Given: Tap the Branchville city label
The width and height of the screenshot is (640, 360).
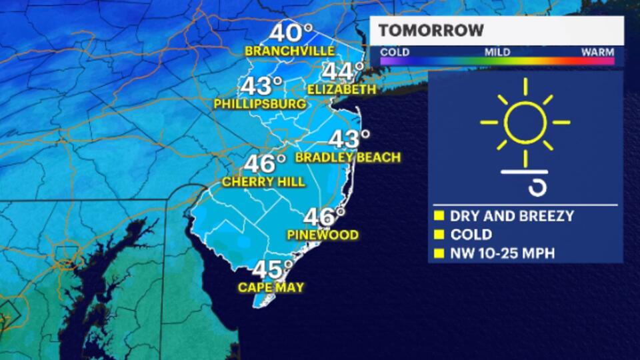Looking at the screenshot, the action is coord(289,51).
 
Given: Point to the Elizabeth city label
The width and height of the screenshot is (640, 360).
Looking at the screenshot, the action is coord(342,89).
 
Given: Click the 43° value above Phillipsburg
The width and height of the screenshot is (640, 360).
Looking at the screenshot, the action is coord(261,86).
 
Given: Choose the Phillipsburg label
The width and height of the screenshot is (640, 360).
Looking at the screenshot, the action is coord(260,104).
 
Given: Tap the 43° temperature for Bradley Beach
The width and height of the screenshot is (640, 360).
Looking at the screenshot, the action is coord(349,140).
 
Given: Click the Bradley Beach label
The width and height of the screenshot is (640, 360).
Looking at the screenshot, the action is coord(348,158).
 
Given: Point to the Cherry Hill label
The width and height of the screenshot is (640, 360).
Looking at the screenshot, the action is coord(263,181).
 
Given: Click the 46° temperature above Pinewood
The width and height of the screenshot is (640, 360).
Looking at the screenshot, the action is coord(324,217).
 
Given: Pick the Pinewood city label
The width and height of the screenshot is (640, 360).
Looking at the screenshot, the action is coord(323,235).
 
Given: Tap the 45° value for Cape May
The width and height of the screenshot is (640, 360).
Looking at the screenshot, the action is coord(273,270).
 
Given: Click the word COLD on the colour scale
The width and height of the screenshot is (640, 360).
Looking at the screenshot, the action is coord(395,52).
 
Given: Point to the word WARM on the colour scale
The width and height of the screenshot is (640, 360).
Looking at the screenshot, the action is coord(597,52).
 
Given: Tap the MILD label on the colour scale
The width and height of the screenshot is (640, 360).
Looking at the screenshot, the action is coord(497,52).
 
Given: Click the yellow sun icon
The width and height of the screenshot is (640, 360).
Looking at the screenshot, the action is coord(525,122).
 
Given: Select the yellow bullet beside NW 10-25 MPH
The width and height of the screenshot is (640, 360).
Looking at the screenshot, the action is coord(439,253).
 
